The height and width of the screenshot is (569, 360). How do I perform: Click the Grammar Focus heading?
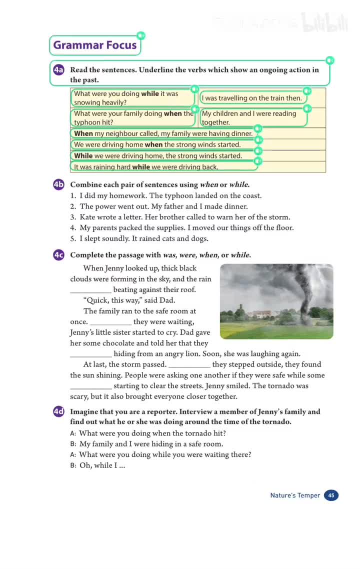[x=95, y=45]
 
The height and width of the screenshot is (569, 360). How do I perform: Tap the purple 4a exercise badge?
[x=59, y=70]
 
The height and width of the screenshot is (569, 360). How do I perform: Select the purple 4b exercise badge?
[x=59, y=184]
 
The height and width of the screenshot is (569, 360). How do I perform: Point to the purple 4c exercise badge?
[x=59, y=255]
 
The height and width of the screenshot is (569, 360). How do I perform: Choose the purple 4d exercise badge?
[x=59, y=411]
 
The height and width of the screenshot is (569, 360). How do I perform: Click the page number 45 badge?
[x=331, y=495]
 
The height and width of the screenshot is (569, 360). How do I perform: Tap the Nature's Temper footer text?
[x=295, y=495]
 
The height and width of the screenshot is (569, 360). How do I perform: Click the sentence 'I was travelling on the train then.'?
[x=252, y=98]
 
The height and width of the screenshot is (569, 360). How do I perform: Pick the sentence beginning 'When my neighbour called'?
[x=163, y=133]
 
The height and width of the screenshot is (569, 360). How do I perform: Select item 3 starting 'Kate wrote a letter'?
[x=180, y=217]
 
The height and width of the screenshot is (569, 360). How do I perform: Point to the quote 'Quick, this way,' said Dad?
[x=129, y=300]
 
